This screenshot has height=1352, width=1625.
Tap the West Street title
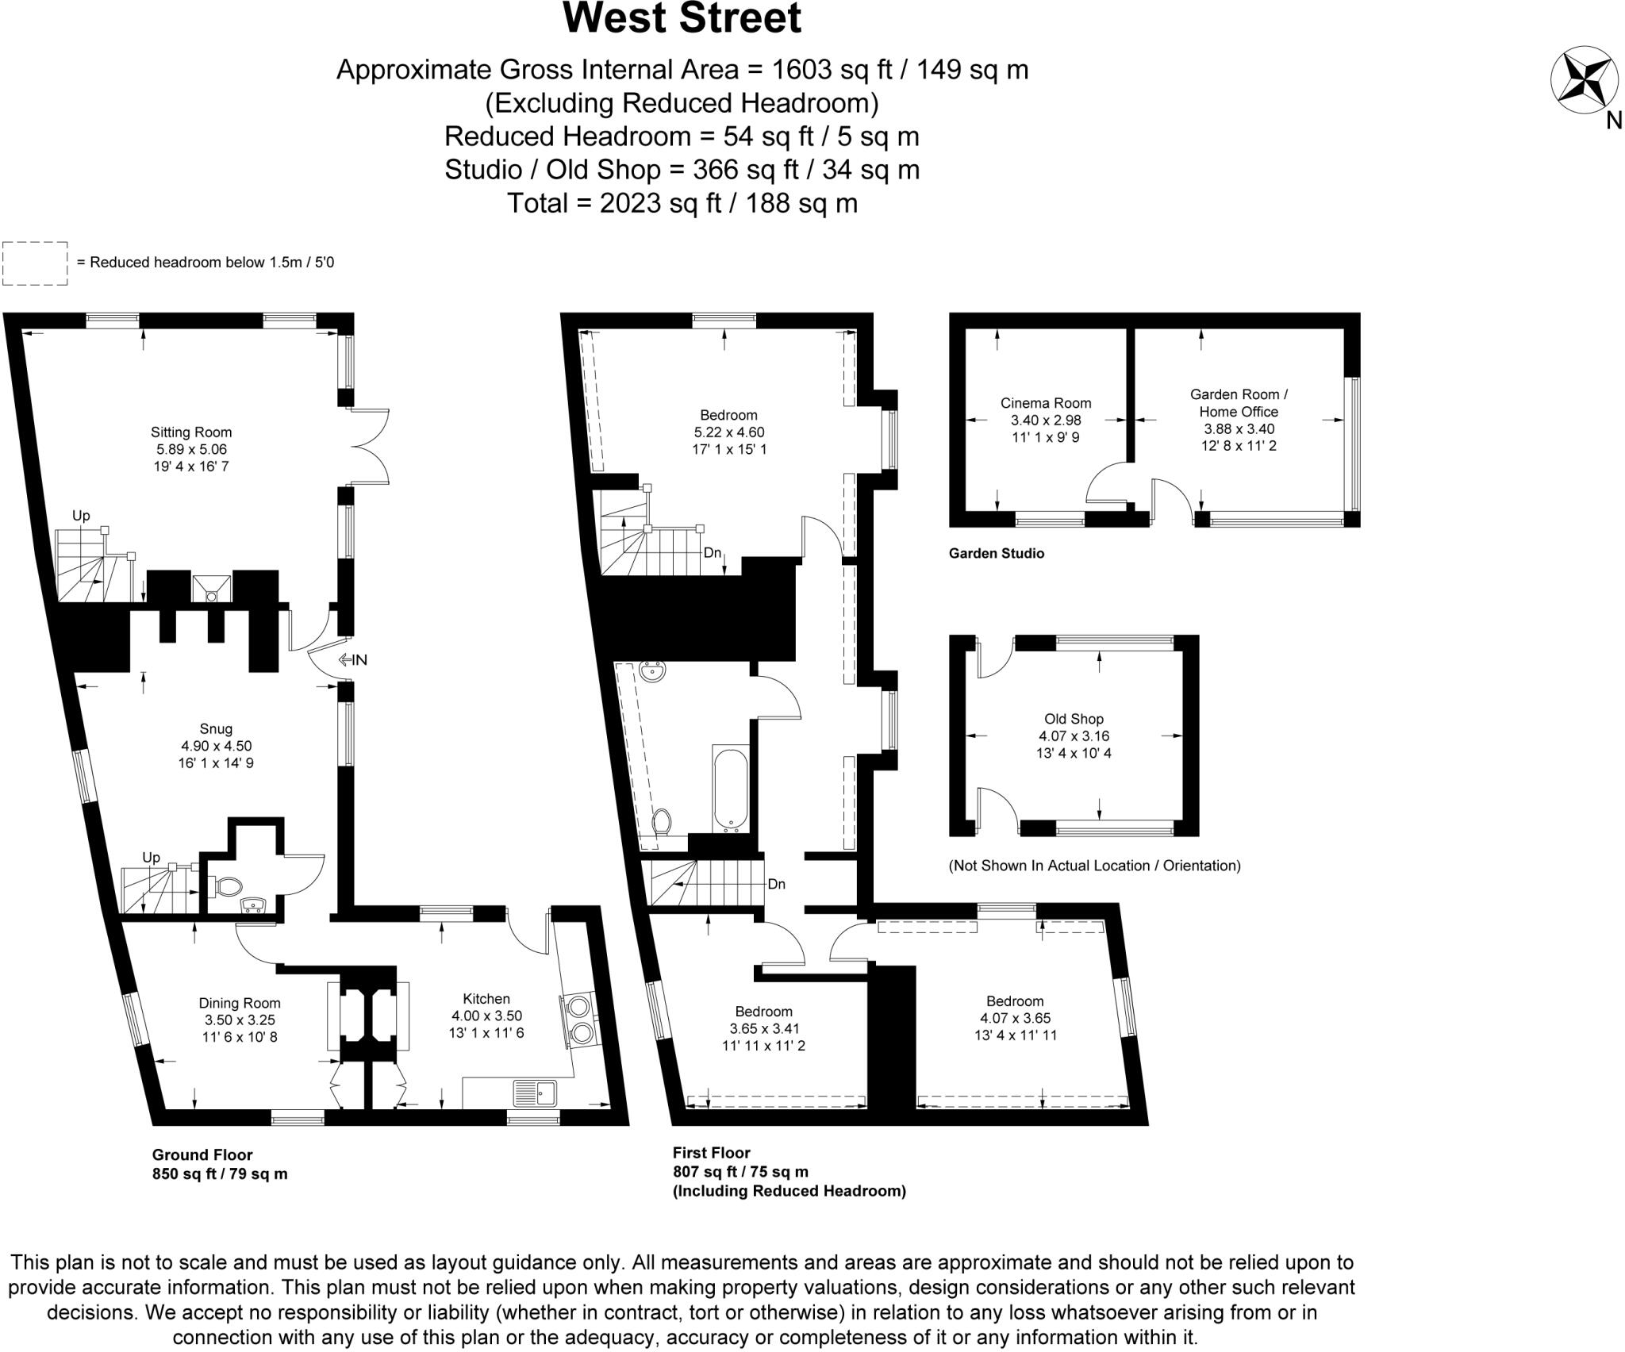[x=682, y=19]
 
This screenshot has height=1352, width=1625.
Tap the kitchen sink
[x=535, y=1093]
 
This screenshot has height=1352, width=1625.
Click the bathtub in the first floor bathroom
[x=731, y=789]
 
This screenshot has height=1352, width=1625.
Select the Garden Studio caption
[x=996, y=553]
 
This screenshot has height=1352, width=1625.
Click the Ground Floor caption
[x=202, y=1154]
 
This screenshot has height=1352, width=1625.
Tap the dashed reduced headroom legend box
[x=35, y=263]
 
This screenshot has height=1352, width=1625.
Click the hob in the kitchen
[x=581, y=1020]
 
